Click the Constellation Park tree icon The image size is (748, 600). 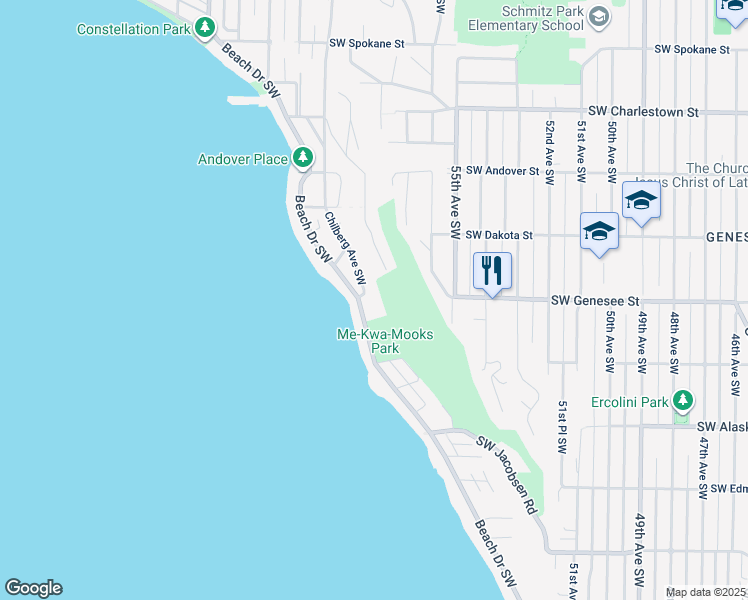click(205, 28)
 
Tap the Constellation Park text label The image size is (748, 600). click(133, 30)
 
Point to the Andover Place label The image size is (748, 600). click(243, 159)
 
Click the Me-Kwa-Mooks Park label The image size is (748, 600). click(386, 341)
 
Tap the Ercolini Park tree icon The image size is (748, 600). click(683, 402)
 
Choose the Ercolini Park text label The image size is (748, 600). click(628, 403)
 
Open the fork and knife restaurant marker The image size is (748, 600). click(492, 269)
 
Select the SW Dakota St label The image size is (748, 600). click(500, 235)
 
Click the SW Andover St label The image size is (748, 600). click(502, 171)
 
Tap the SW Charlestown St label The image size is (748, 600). click(643, 112)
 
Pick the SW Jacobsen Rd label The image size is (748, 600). click(506, 474)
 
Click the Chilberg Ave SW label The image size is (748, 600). click(345, 246)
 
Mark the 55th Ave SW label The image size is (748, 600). click(455, 203)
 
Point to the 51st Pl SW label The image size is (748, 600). click(563, 426)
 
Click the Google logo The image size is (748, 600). click(33, 588)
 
